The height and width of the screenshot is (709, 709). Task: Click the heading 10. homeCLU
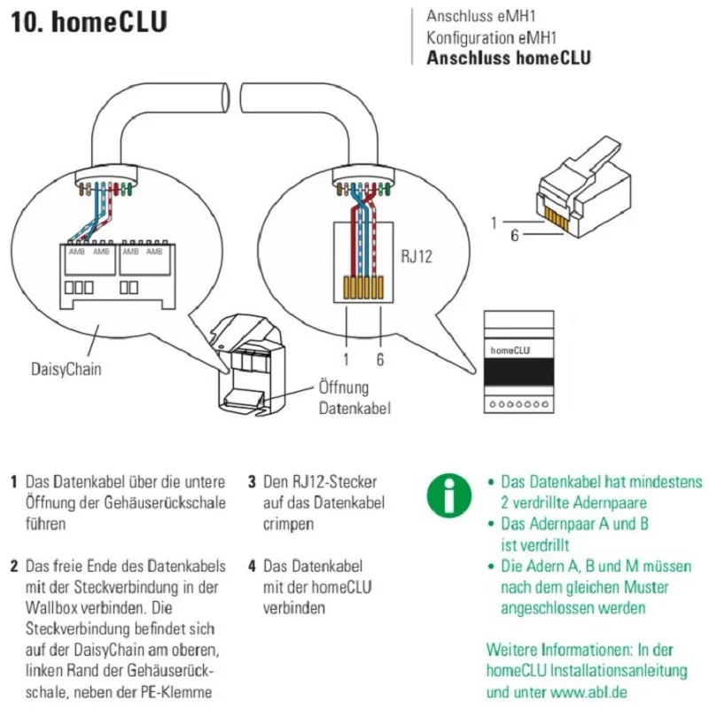[89, 23]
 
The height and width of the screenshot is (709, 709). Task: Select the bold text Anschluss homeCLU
[508, 58]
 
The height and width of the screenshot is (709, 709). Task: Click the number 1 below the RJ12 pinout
[346, 361]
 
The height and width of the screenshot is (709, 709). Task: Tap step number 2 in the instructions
[14, 565]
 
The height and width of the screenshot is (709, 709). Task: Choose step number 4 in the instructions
[253, 565]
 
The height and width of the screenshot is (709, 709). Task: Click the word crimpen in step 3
[289, 524]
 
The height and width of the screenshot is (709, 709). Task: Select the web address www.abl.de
[606, 692]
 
